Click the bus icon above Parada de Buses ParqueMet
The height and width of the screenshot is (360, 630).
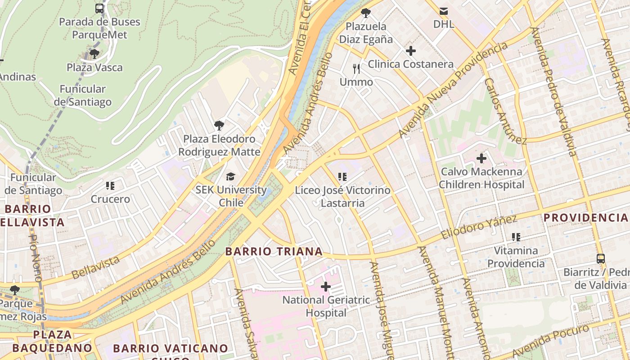pos(99,8)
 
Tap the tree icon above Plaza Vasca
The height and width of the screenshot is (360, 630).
pos(94,54)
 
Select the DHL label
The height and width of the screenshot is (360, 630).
pos(444,24)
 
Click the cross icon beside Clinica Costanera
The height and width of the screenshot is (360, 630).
pos(410,51)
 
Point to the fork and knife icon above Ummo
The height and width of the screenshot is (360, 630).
pos(356,69)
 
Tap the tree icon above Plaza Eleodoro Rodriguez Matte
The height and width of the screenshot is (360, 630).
pos(219,125)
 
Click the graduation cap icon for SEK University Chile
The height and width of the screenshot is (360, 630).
pos(231,176)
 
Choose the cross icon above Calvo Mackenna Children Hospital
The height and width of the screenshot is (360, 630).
pos(481,158)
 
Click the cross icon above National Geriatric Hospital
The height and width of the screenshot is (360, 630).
pos(326,286)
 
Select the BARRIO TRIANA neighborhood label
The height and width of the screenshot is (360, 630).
pos(274,252)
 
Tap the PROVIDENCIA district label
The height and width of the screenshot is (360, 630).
pos(585,218)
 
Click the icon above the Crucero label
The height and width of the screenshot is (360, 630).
pos(110,185)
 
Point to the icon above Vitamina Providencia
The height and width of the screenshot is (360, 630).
pos(516,237)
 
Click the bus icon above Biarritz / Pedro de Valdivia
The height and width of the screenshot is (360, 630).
pos(601,259)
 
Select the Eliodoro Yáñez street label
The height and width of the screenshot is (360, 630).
pos(479,227)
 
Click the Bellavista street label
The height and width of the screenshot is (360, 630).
pos(96,267)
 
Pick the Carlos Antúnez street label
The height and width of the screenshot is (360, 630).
pos(505,111)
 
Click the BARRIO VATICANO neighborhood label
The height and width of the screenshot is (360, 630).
pos(171,348)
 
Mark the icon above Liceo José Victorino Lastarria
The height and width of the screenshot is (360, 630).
pos(342,177)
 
